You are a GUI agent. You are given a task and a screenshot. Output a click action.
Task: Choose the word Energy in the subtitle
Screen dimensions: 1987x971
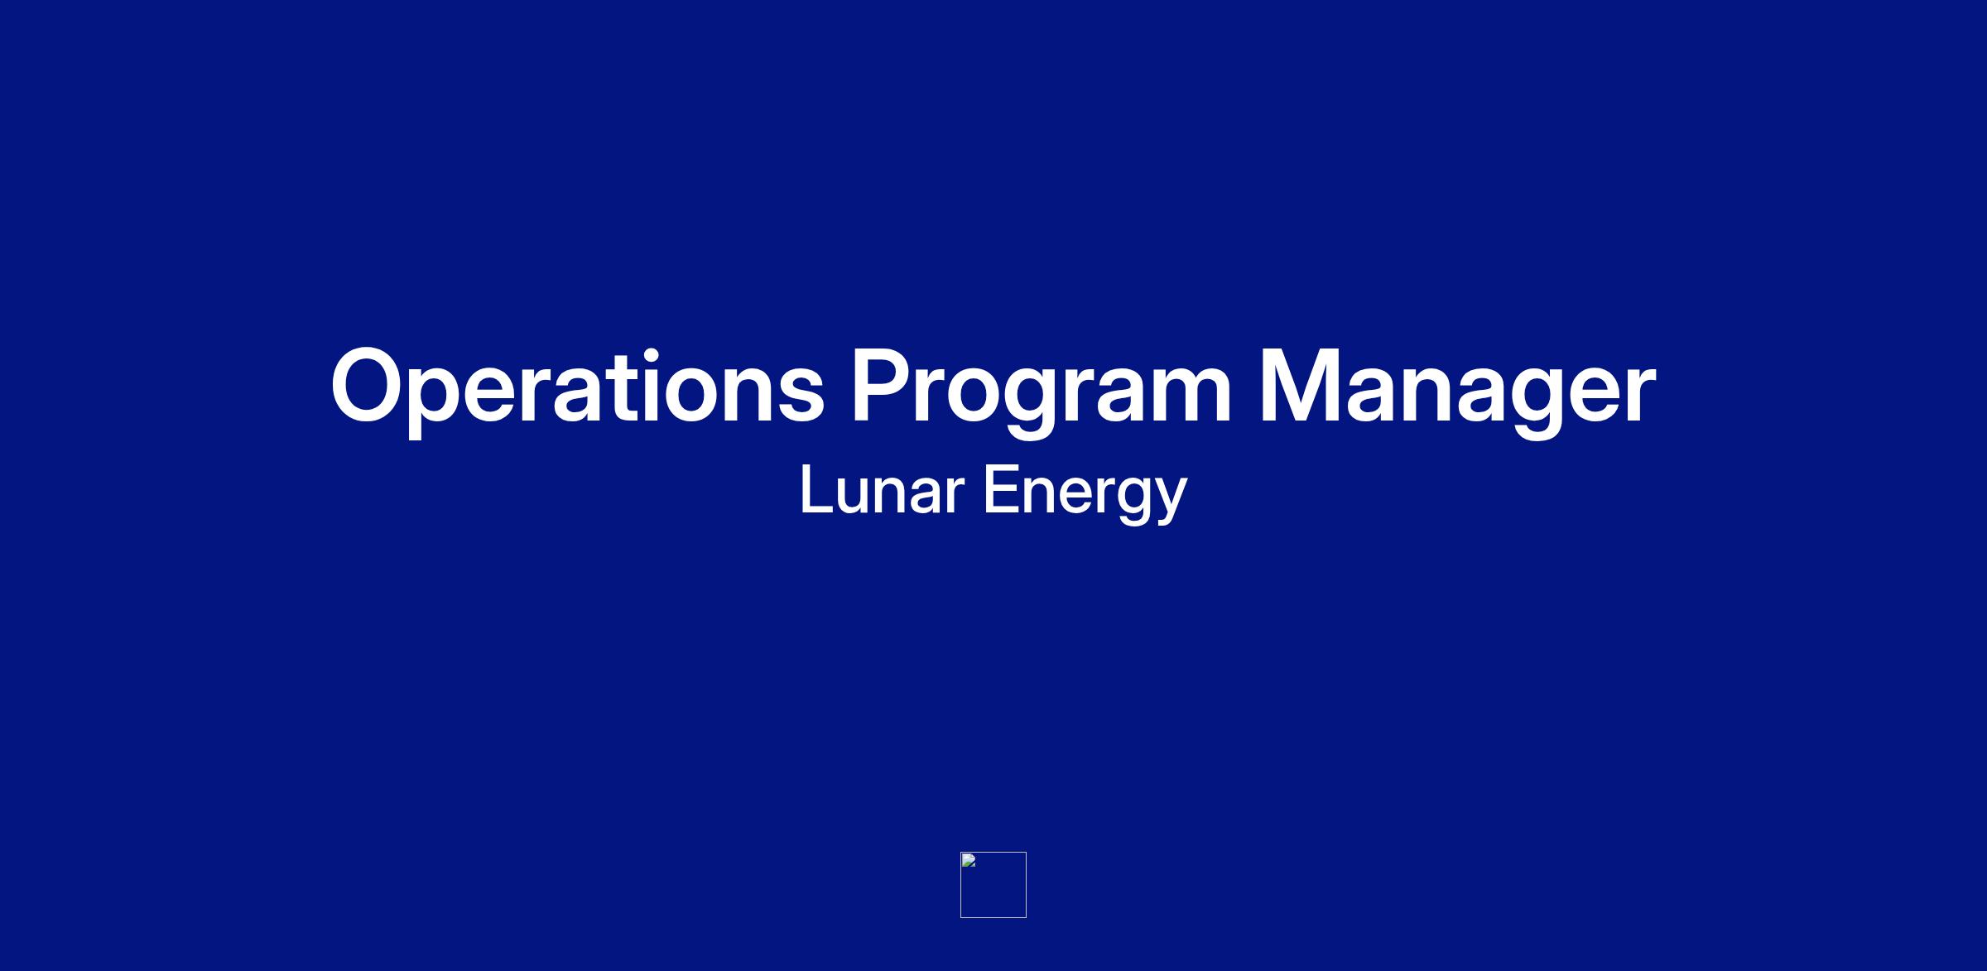point(1085,494)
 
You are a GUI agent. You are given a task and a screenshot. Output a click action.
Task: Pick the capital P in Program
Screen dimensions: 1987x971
point(883,385)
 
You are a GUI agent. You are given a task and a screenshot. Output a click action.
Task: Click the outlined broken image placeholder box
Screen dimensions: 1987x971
point(993,853)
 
